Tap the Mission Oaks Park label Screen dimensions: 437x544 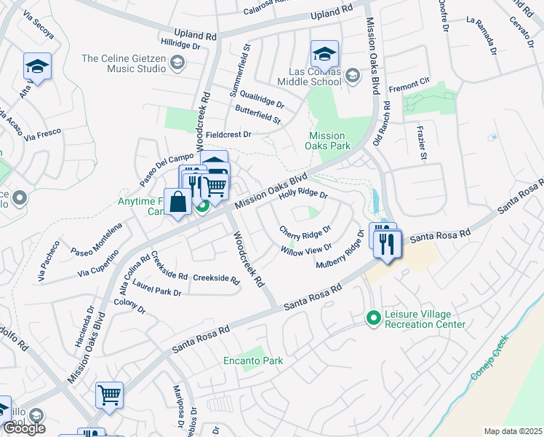[327, 141]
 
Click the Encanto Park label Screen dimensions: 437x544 [253, 361]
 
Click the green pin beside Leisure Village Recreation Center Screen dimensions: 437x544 [374, 318]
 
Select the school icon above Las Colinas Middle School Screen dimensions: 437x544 [324, 53]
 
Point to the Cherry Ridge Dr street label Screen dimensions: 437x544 [305, 234]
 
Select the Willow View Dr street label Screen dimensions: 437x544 [305, 249]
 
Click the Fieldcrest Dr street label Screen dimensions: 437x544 [228, 135]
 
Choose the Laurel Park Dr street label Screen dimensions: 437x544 [156, 291]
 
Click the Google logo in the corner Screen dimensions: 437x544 [24, 428]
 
